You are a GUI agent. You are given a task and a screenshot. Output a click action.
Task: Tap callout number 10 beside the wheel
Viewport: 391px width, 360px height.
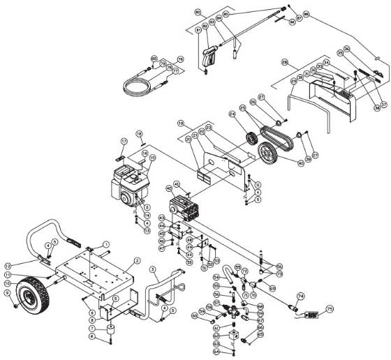pos(8,283)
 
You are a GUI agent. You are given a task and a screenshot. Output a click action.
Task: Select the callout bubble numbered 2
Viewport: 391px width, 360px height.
pos(138,260)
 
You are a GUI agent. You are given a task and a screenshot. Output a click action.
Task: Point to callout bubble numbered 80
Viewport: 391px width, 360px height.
pos(197,13)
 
